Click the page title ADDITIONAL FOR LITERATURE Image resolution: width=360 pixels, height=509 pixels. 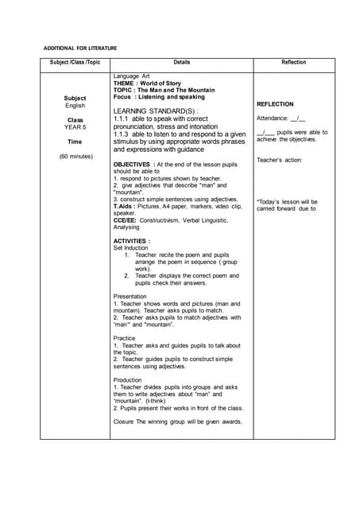79,49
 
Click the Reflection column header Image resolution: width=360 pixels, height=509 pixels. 293,62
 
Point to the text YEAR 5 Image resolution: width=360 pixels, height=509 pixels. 75,127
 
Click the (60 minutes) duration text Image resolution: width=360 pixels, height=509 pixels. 75,157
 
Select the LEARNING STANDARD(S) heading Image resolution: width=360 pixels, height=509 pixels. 155,111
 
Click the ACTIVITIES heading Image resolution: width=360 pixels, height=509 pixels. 131,240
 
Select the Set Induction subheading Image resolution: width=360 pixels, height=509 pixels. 130,247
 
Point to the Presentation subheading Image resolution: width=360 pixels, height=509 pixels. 130,296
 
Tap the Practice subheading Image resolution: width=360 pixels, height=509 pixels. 125,338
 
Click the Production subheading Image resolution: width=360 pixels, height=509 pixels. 128,380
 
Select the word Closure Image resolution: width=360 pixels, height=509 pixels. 125,422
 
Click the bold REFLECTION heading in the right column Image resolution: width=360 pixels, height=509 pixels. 275,104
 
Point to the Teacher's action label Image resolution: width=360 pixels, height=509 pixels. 278,160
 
